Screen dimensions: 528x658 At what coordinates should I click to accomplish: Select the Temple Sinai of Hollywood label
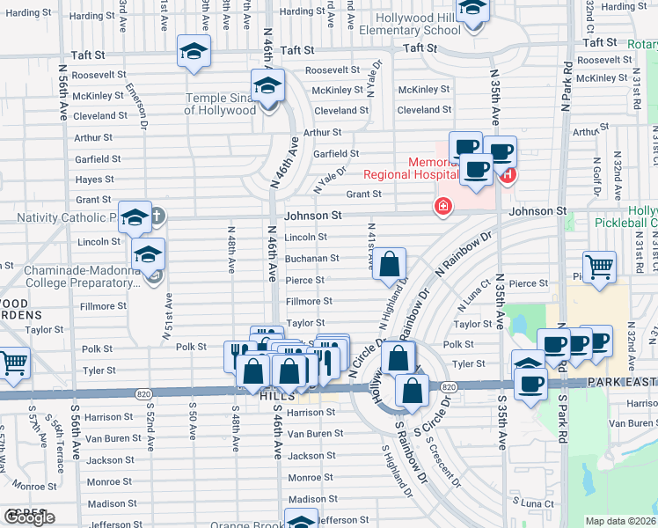coord(220,105)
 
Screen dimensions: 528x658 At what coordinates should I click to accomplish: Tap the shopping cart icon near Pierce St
coord(599,266)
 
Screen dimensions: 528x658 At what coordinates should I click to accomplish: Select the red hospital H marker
coord(508,175)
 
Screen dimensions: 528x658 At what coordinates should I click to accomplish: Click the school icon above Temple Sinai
coord(267,86)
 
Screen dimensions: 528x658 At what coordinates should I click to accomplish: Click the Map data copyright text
coord(620,521)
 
